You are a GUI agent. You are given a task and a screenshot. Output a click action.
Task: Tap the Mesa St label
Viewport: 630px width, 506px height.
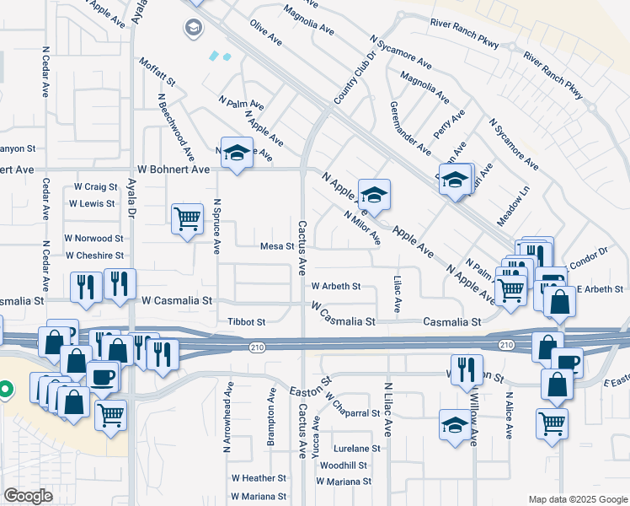click(276, 247)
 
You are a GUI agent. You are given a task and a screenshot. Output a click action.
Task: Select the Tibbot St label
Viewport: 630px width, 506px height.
click(247, 322)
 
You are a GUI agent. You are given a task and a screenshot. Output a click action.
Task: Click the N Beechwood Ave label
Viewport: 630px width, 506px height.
click(178, 127)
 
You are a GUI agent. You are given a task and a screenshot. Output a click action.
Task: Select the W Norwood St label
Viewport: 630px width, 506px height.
click(94, 239)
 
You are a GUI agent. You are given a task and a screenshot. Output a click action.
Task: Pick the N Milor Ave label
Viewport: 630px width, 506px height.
click(363, 228)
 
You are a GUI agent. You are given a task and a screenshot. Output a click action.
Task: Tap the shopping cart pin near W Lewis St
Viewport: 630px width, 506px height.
click(187, 219)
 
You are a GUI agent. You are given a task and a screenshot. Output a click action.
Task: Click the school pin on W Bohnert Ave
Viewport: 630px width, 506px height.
click(238, 153)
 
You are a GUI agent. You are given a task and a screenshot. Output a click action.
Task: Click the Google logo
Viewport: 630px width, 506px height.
click(28, 496)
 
